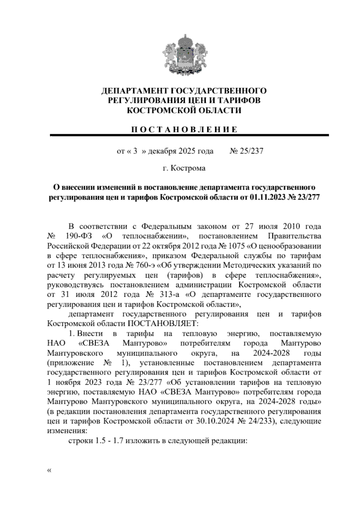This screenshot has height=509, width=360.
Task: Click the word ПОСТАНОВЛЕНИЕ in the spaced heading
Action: click(184, 130)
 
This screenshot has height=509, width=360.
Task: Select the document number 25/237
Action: click(251, 151)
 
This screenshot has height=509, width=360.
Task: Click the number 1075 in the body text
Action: click(236, 246)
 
